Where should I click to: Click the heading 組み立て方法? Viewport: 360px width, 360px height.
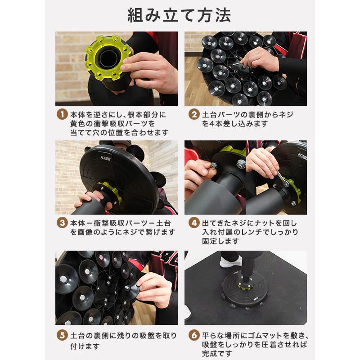pyautogui.click(x=179, y=15)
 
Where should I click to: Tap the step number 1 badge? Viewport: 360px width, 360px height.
pyautogui.click(x=62, y=114)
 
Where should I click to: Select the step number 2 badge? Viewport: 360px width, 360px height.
pyautogui.click(x=194, y=114)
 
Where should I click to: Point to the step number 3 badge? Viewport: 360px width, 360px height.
pyautogui.click(x=62, y=223)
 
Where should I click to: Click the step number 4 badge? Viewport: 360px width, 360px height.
pyautogui.click(x=194, y=223)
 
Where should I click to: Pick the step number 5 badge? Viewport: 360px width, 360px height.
pyautogui.click(x=62, y=335)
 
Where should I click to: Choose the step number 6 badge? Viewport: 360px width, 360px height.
pyautogui.click(x=194, y=335)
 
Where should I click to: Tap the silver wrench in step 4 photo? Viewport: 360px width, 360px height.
pyautogui.click(x=282, y=178)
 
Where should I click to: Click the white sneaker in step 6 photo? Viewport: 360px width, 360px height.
pyautogui.click(x=230, y=261)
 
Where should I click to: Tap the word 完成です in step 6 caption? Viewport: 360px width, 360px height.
pyautogui.click(x=217, y=354)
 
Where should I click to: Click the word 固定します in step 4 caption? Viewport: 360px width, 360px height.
pyautogui.click(x=220, y=241)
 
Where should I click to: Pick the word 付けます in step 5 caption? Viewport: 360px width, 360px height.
pyautogui.click(x=85, y=346)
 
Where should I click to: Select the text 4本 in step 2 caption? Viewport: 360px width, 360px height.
pyautogui.click(x=216, y=123)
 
